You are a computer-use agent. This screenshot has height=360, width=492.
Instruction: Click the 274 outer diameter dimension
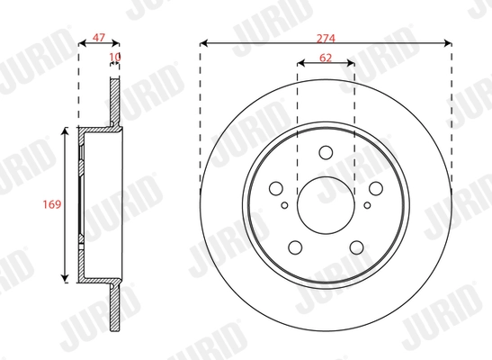tap(325, 35)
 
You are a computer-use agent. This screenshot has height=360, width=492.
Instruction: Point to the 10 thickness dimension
tap(114, 57)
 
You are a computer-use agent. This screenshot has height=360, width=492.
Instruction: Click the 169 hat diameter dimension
tap(51, 205)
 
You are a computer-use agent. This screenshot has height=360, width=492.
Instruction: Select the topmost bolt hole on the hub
tap(325, 153)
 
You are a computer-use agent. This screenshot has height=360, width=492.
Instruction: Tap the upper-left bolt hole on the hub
tap(277, 187)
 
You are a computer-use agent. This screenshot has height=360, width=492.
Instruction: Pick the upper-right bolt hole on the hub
tap(372, 187)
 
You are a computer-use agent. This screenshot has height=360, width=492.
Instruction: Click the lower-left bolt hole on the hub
tap(294, 246)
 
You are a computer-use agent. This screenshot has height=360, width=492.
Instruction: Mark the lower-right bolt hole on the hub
tap(355, 246)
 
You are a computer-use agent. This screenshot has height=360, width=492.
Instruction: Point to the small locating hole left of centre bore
tap(285, 205)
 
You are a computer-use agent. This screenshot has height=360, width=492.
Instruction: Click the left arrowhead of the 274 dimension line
tap(202, 42)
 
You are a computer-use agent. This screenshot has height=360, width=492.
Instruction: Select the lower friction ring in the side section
tap(114, 310)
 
